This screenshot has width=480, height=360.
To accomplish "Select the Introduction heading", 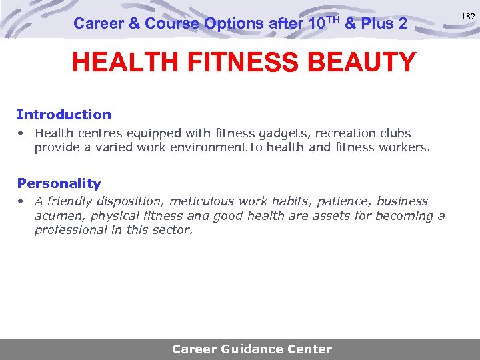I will (64, 115).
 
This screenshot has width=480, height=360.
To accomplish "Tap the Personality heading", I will (59, 183).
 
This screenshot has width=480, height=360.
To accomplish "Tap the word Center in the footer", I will (309, 349).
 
